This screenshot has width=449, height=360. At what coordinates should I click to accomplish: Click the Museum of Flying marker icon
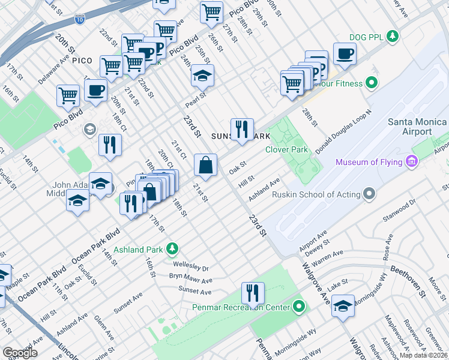tap(411, 162)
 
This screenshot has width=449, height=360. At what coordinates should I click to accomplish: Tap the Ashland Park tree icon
tap(172, 247)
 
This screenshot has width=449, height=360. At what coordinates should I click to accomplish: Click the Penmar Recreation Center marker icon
tap(299, 307)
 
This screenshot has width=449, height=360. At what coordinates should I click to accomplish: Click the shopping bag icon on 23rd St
tap(205, 165)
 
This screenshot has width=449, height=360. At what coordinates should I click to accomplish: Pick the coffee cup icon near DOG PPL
tap(345, 54)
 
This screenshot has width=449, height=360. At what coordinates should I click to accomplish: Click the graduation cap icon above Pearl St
tap(202, 76)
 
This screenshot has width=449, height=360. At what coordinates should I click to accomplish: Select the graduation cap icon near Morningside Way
tap(343, 305)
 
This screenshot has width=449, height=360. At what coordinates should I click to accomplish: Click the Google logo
tap(20, 353)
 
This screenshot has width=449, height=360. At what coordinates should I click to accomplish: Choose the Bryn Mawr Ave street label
tap(190, 280)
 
